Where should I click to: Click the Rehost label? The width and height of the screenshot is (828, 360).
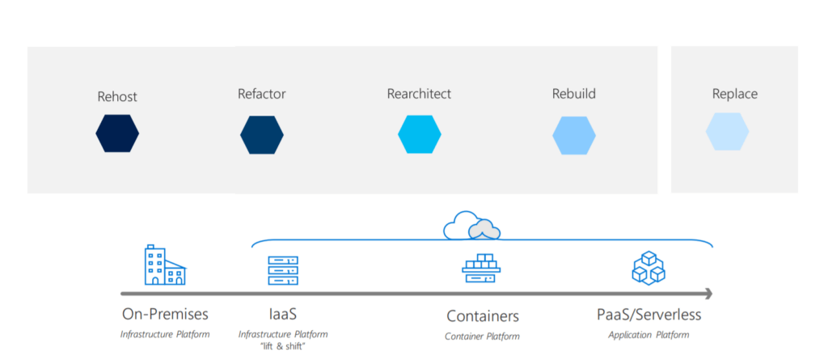click(117, 96)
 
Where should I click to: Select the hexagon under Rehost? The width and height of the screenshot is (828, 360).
click(117, 133)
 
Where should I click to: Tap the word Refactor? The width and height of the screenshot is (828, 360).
click(261, 94)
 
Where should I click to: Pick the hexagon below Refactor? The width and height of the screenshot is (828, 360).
click(262, 133)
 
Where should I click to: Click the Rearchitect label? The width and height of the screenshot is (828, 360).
click(419, 94)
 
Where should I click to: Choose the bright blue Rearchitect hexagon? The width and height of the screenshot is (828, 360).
click(420, 133)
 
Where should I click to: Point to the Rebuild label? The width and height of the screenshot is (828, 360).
click(573, 94)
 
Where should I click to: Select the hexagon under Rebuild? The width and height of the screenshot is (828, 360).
click(574, 134)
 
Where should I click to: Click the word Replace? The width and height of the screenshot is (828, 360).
click(734, 94)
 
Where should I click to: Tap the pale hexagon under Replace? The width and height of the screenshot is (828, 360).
click(727, 132)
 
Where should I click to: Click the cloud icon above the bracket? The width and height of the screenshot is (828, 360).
click(471, 227)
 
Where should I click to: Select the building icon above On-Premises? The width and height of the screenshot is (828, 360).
click(165, 265)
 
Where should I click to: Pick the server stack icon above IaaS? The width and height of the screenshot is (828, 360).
click(282, 269)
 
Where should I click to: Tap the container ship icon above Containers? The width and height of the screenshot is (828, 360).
click(483, 269)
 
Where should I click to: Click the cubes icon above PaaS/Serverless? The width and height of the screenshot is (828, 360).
click(648, 268)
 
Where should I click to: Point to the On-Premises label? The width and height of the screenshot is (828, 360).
click(165, 314)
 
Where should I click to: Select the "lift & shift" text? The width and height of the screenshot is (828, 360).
click(282, 346)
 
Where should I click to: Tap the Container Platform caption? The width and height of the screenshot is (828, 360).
click(482, 336)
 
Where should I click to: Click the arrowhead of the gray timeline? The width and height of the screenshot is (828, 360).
click(708, 293)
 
